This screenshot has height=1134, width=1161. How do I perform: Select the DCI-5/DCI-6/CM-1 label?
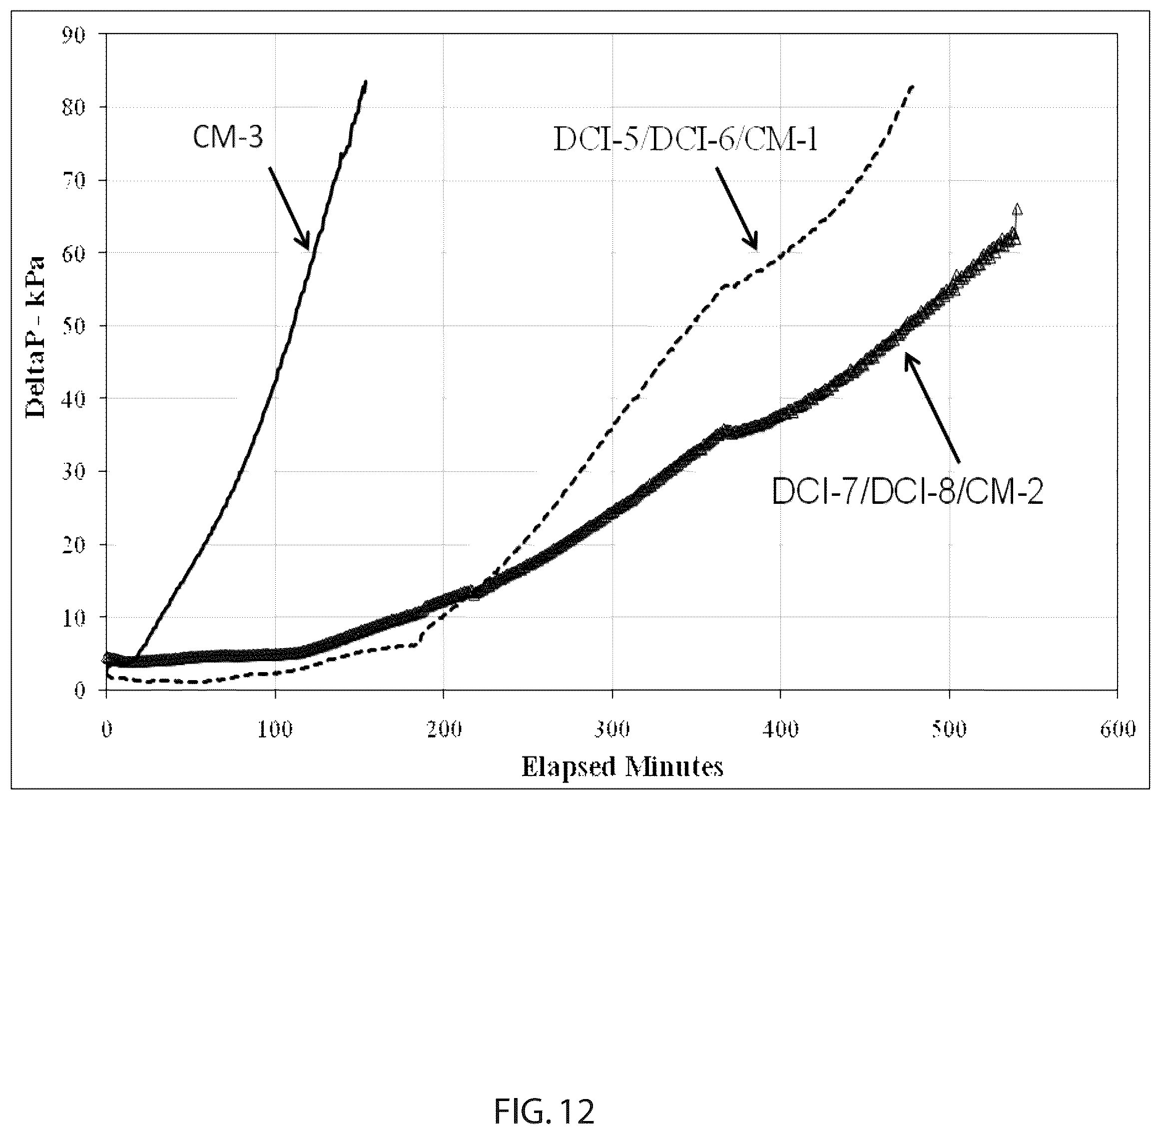686,140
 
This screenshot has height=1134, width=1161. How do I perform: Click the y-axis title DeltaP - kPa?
36,337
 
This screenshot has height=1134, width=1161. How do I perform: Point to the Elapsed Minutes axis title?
622,766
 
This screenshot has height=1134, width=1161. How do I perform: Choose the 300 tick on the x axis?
612,730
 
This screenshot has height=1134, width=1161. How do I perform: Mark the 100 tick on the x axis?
275,730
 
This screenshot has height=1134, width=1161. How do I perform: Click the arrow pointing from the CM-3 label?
289,208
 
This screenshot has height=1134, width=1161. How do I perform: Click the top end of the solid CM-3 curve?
365,81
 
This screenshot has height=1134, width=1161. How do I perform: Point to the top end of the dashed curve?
913,86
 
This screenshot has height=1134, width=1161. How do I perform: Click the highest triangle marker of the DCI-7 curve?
1017,208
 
